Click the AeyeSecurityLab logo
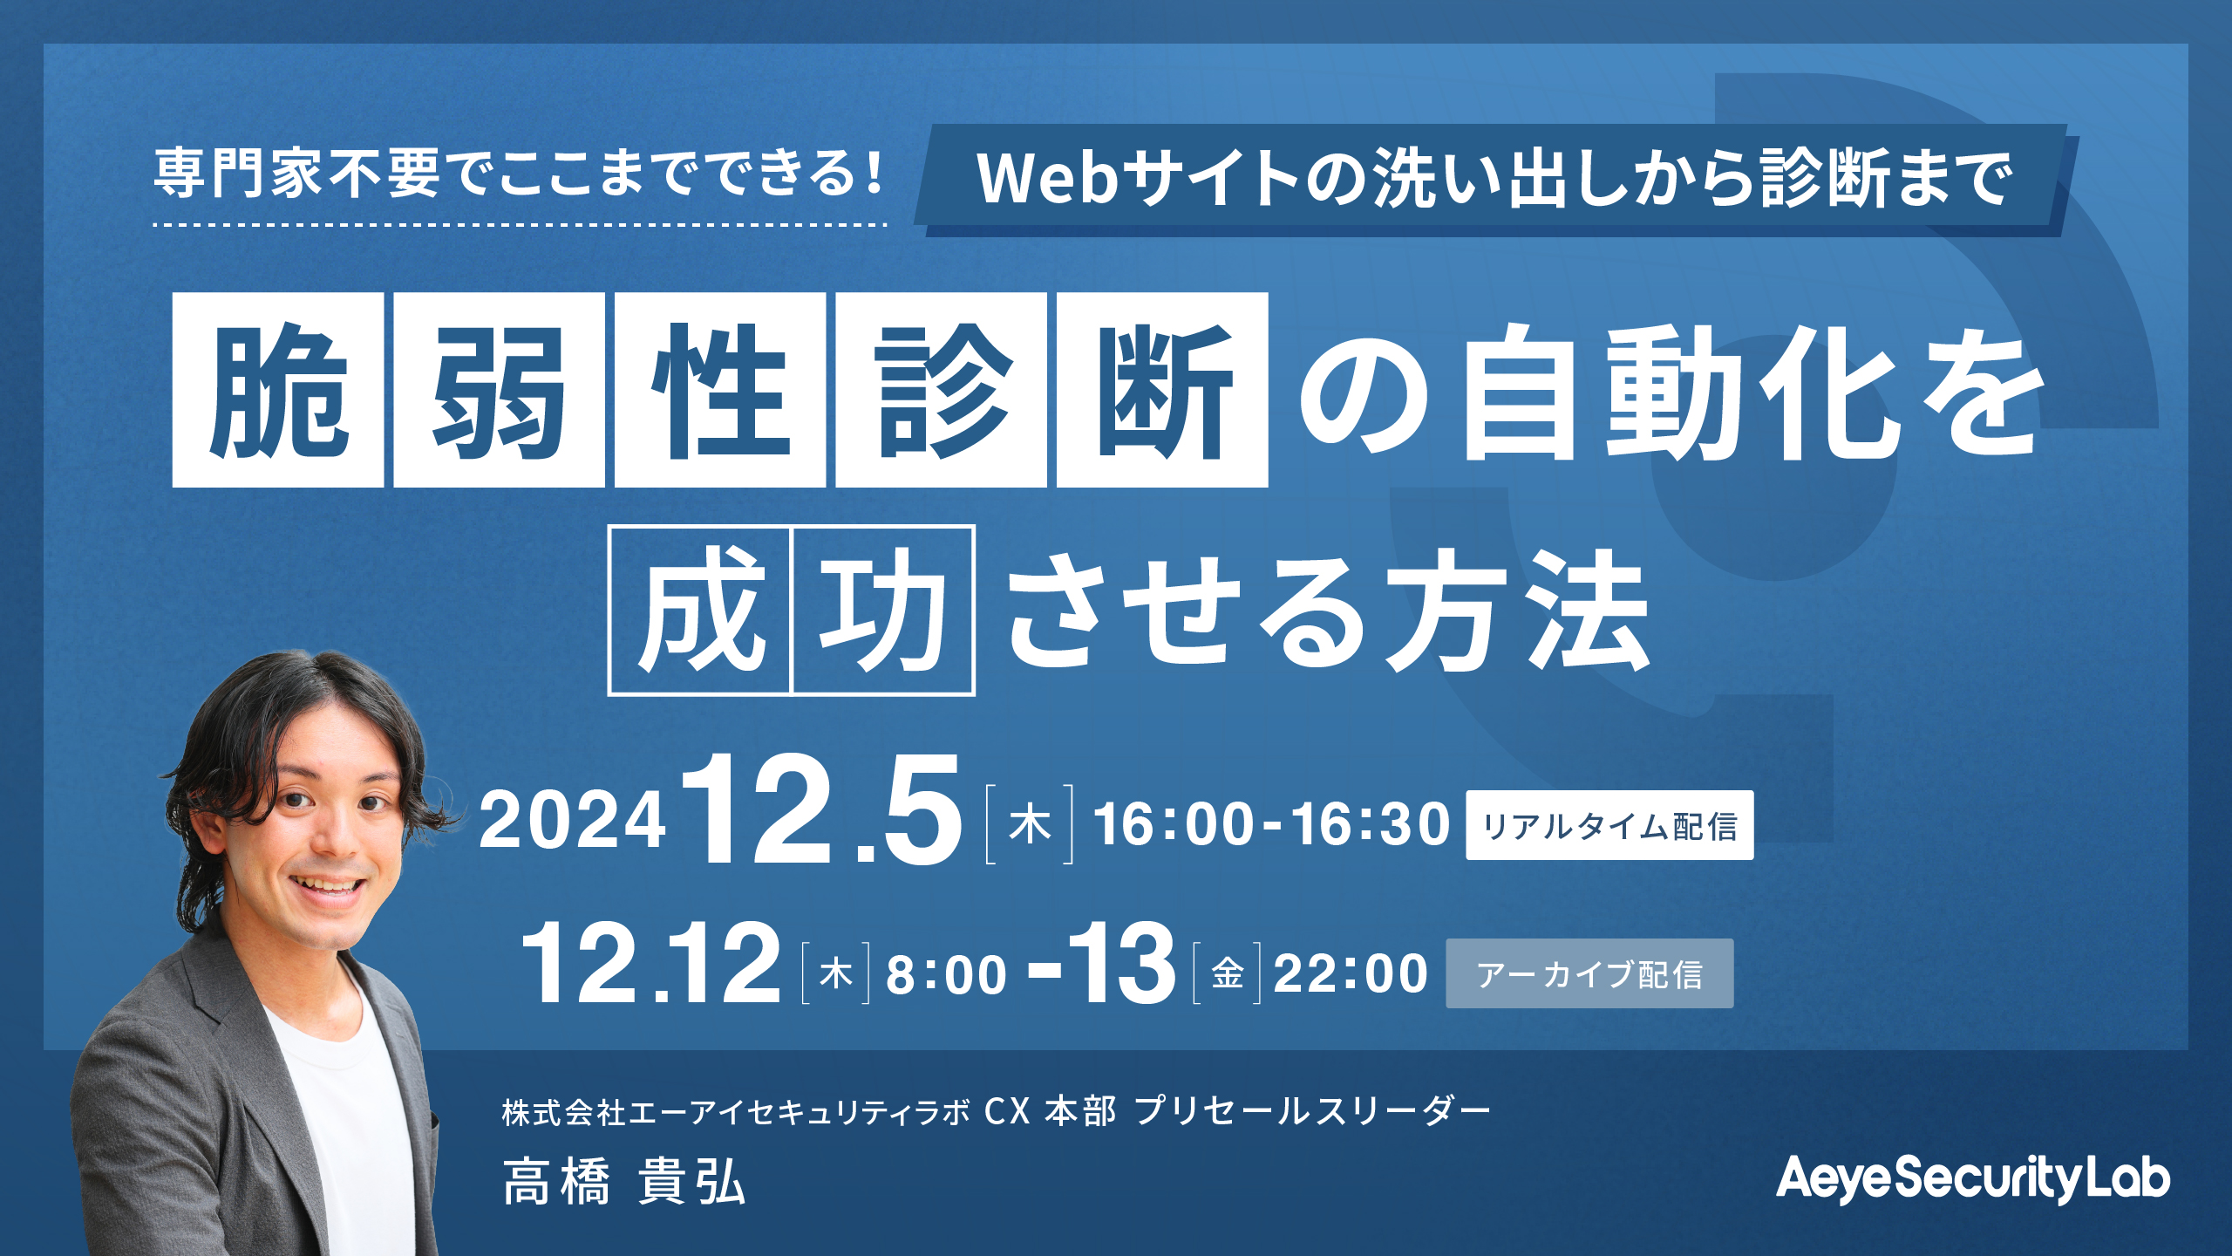[x=1973, y=1178]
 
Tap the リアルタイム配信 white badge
[x=1609, y=825]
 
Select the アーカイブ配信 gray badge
[x=1589, y=973]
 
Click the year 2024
[x=572, y=821]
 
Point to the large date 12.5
[x=822, y=810]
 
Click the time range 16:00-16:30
[x=1271, y=824]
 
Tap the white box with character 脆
[x=278, y=389]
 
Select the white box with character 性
[x=720, y=389]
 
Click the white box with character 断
[x=1162, y=389]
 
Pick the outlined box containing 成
[x=699, y=610]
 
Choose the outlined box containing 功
[x=882, y=610]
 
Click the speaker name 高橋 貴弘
[x=624, y=1183]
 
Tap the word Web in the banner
[x=1046, y=179]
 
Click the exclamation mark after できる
[x=874, y=172]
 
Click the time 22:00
[x=1351, y=973]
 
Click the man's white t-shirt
[x=336, y=1125]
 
